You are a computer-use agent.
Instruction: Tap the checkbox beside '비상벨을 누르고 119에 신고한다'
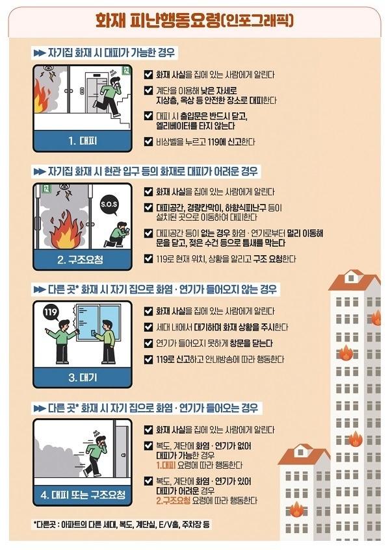click(149, 142)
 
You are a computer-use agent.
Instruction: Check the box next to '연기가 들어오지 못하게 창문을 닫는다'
click(149, 343)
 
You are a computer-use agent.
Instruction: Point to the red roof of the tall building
click(354, 281)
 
